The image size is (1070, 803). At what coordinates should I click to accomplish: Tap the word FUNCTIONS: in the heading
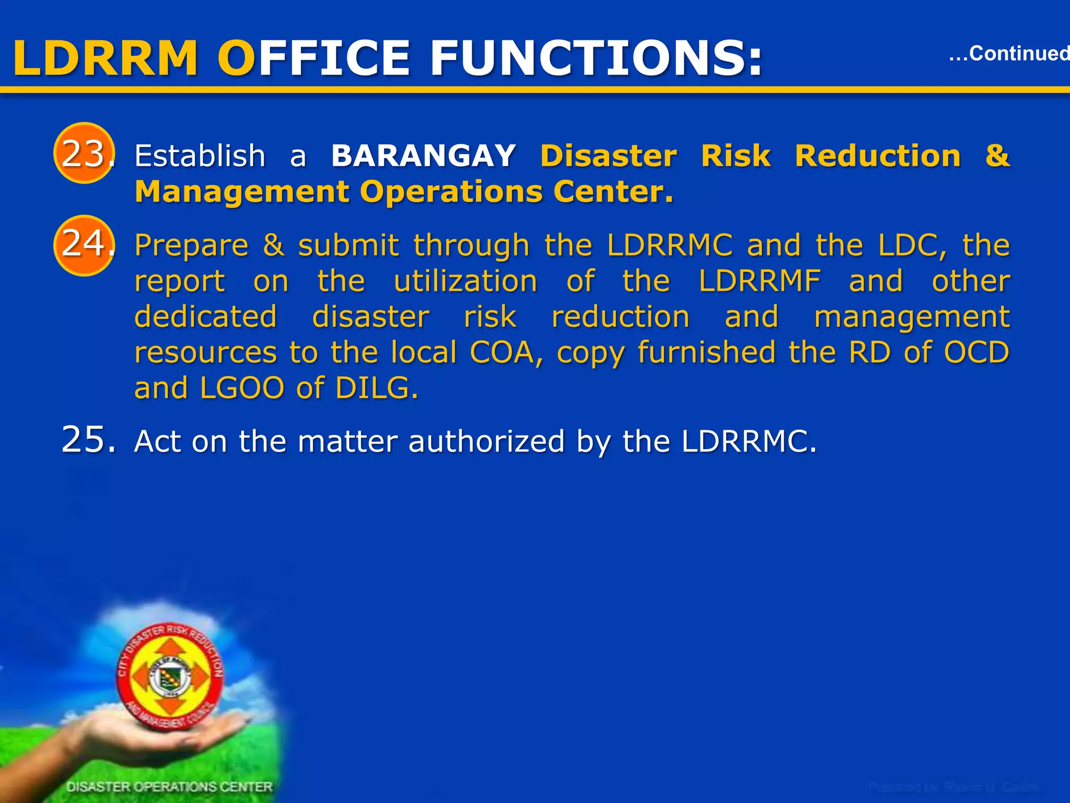(596, 59)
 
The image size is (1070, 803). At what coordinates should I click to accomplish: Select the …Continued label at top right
(1008, 53)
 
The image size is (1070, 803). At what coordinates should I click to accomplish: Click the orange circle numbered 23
(84, 153)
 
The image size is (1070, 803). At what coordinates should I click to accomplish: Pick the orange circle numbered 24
(84, 245)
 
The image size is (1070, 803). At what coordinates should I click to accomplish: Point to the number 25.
(88, 439)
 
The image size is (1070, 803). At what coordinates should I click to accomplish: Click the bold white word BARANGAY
(424, 156)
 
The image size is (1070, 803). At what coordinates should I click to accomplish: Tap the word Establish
(200, 156)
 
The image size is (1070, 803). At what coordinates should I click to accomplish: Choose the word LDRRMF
(760, 281)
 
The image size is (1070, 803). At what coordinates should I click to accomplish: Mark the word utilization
(466, 281)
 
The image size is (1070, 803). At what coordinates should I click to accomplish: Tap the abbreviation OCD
(976, 352)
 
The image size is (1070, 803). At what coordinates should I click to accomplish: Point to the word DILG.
(377, 388)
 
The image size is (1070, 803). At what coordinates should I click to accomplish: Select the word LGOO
(241, 388)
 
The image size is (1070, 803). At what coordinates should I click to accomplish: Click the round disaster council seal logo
(170, 677)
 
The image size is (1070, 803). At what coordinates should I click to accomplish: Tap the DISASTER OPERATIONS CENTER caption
(170, 787)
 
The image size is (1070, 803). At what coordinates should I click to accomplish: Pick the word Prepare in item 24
(191, 246)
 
